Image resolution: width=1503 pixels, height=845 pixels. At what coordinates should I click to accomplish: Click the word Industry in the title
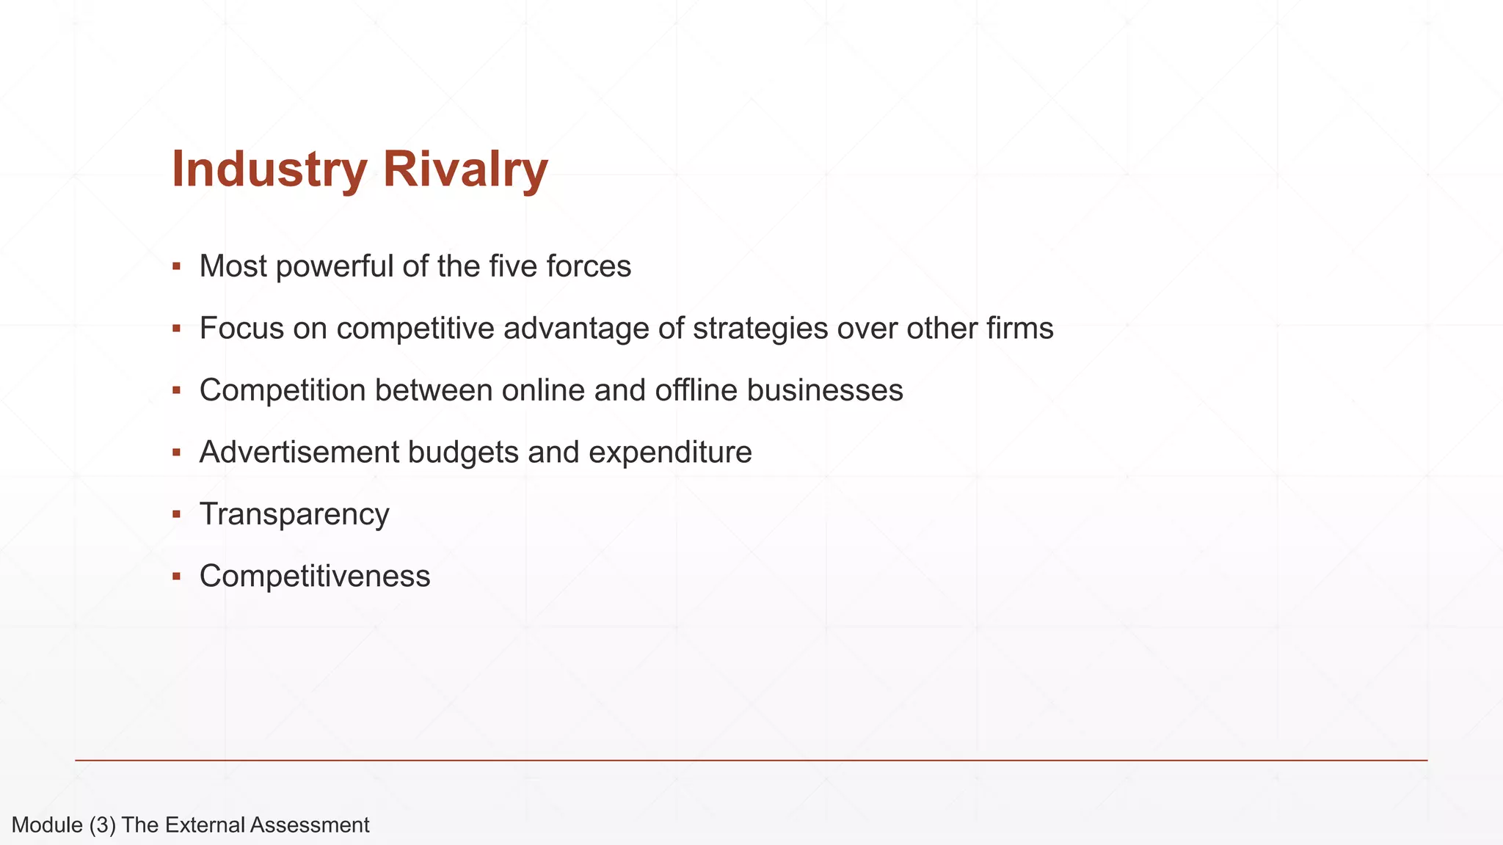(269, 170)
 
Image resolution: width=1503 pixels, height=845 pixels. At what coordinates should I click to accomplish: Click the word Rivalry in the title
(465, 170)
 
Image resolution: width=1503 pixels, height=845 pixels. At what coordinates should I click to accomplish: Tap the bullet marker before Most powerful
(176, 266)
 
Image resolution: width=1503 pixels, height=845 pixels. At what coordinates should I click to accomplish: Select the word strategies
(760, 329)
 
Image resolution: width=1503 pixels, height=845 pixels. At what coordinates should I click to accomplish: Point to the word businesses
(825, 390)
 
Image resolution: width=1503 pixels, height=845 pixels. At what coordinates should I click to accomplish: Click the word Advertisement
(299, 452)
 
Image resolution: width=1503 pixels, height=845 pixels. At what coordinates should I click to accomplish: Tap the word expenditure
(670, 453)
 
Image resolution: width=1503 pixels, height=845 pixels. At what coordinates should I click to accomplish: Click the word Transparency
(294, 515)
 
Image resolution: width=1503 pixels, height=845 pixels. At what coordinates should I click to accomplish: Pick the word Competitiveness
(315, 577)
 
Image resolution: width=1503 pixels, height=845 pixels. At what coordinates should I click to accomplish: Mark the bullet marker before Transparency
(176, 514)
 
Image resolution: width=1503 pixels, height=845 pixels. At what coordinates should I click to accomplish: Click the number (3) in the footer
(103, 825)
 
